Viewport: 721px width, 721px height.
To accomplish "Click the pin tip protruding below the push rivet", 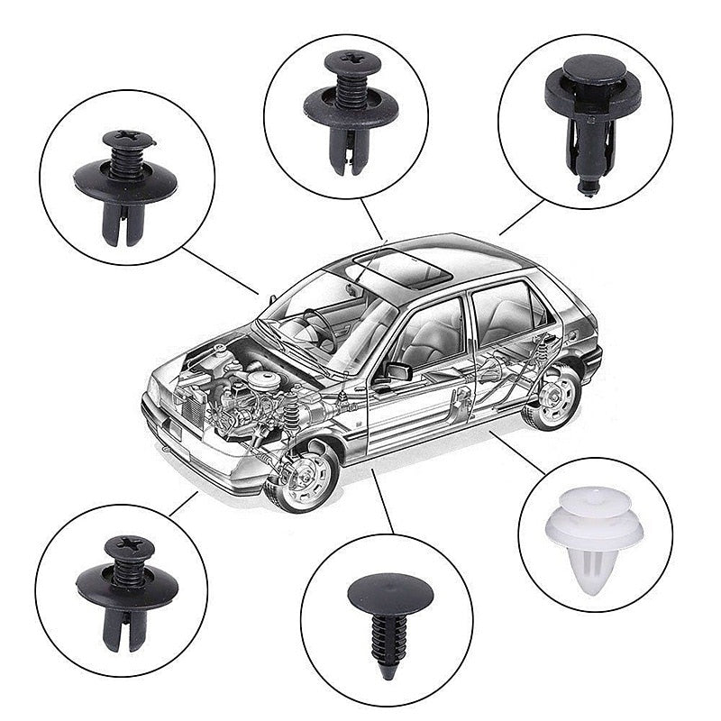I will [x=588, y=187].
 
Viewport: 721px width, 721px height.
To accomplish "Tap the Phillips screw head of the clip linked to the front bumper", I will [x=129, y=546].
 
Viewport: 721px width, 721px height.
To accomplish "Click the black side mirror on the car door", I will [x=397, y=370].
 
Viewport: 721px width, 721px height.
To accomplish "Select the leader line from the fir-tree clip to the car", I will [x=382, y=500].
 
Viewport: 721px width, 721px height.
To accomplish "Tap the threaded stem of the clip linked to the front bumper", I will [x=129, y=571].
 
